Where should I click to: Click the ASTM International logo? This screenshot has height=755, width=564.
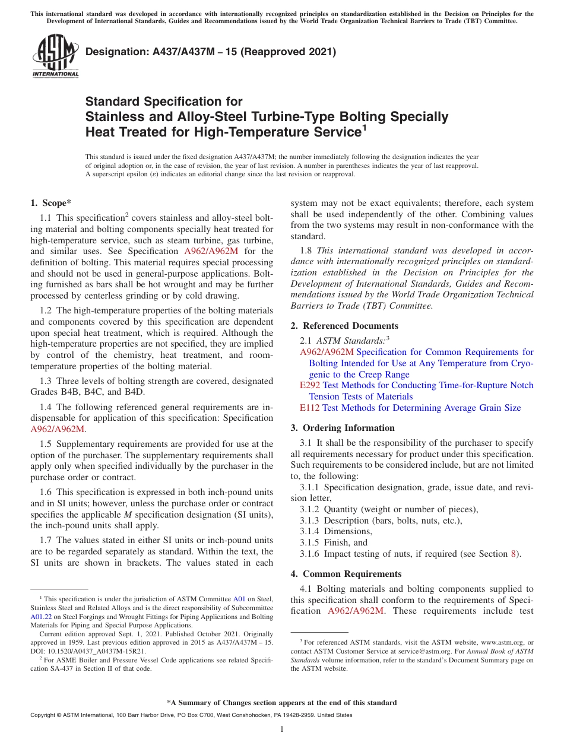(x=55, y=56)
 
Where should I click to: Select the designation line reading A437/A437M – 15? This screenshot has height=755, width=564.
(x=211, y=52)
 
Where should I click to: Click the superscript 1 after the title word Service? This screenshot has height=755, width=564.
(x=364, y=126)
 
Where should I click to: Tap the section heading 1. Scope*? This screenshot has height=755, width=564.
(x=51, y=203)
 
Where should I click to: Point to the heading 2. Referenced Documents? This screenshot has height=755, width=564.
(x=344, y=326)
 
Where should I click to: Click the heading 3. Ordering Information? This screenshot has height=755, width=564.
(x=343, y=428)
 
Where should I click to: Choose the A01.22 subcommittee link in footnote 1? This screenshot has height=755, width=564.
(x=40, y=617)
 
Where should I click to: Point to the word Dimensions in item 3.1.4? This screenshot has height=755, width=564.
(x=348, y=531)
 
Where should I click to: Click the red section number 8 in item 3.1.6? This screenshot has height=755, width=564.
(x=514, y=554)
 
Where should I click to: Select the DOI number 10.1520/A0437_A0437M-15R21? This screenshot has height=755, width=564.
(x=95, y=651)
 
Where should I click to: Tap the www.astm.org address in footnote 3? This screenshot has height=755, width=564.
(x=492, y=642)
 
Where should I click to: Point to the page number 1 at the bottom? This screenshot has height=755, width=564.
(x=282, y=729)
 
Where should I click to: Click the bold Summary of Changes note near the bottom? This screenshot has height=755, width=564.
(x=282, y=703)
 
